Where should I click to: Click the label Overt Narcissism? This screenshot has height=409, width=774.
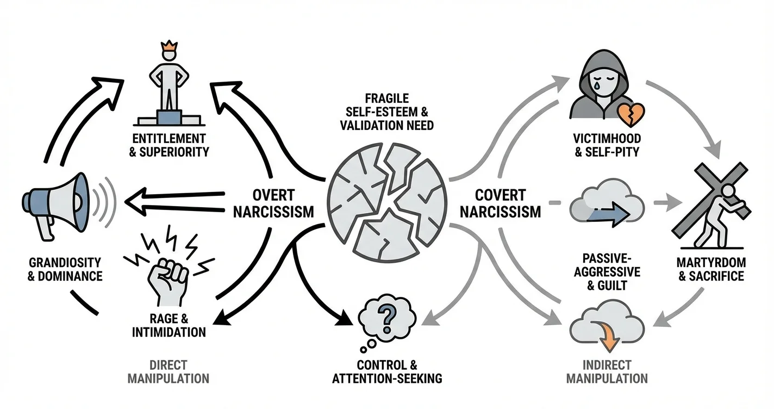click(x=273, y=203)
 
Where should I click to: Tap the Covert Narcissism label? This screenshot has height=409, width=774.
click(x=500, y=203)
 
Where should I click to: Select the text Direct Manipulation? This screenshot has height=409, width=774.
click(x=168, y=370)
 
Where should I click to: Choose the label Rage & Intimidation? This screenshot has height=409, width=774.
click(x=168, y=324)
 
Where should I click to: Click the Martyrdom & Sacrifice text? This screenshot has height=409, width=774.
click(x=710, y=269)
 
